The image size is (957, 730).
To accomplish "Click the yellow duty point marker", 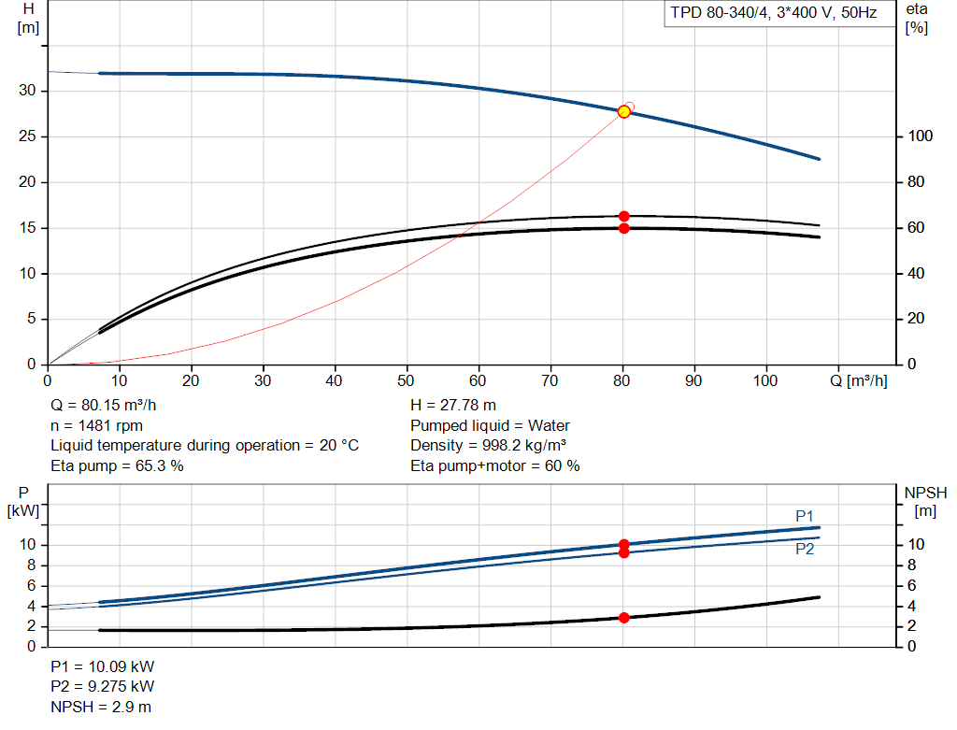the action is (623, 112).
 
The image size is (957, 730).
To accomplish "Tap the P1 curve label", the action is (805, 516).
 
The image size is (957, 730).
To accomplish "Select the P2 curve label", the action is (805, 550).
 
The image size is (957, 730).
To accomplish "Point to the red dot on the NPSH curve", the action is (623, 618).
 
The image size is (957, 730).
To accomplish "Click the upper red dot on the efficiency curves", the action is (623, 217).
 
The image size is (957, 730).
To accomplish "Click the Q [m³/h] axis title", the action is (858, 380).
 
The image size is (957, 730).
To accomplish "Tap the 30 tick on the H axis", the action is (27, 91).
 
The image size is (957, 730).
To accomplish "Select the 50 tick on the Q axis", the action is (406, 380).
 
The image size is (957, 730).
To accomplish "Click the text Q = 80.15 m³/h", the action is (103, 406).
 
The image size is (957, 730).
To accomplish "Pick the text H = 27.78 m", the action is (453, 406).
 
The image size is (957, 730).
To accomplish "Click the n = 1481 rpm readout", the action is (96, 425).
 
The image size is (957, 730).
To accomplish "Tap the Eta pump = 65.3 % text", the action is (117, 465).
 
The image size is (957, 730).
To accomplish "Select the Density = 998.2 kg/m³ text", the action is (488, 446).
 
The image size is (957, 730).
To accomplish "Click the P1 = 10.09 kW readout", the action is (103, 666).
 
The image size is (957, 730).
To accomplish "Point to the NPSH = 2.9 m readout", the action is (101, 707).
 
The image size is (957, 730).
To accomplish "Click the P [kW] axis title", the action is (23, 502).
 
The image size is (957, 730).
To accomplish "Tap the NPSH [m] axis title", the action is (925, 502).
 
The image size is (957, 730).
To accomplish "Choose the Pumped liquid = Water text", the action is (490, 425).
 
